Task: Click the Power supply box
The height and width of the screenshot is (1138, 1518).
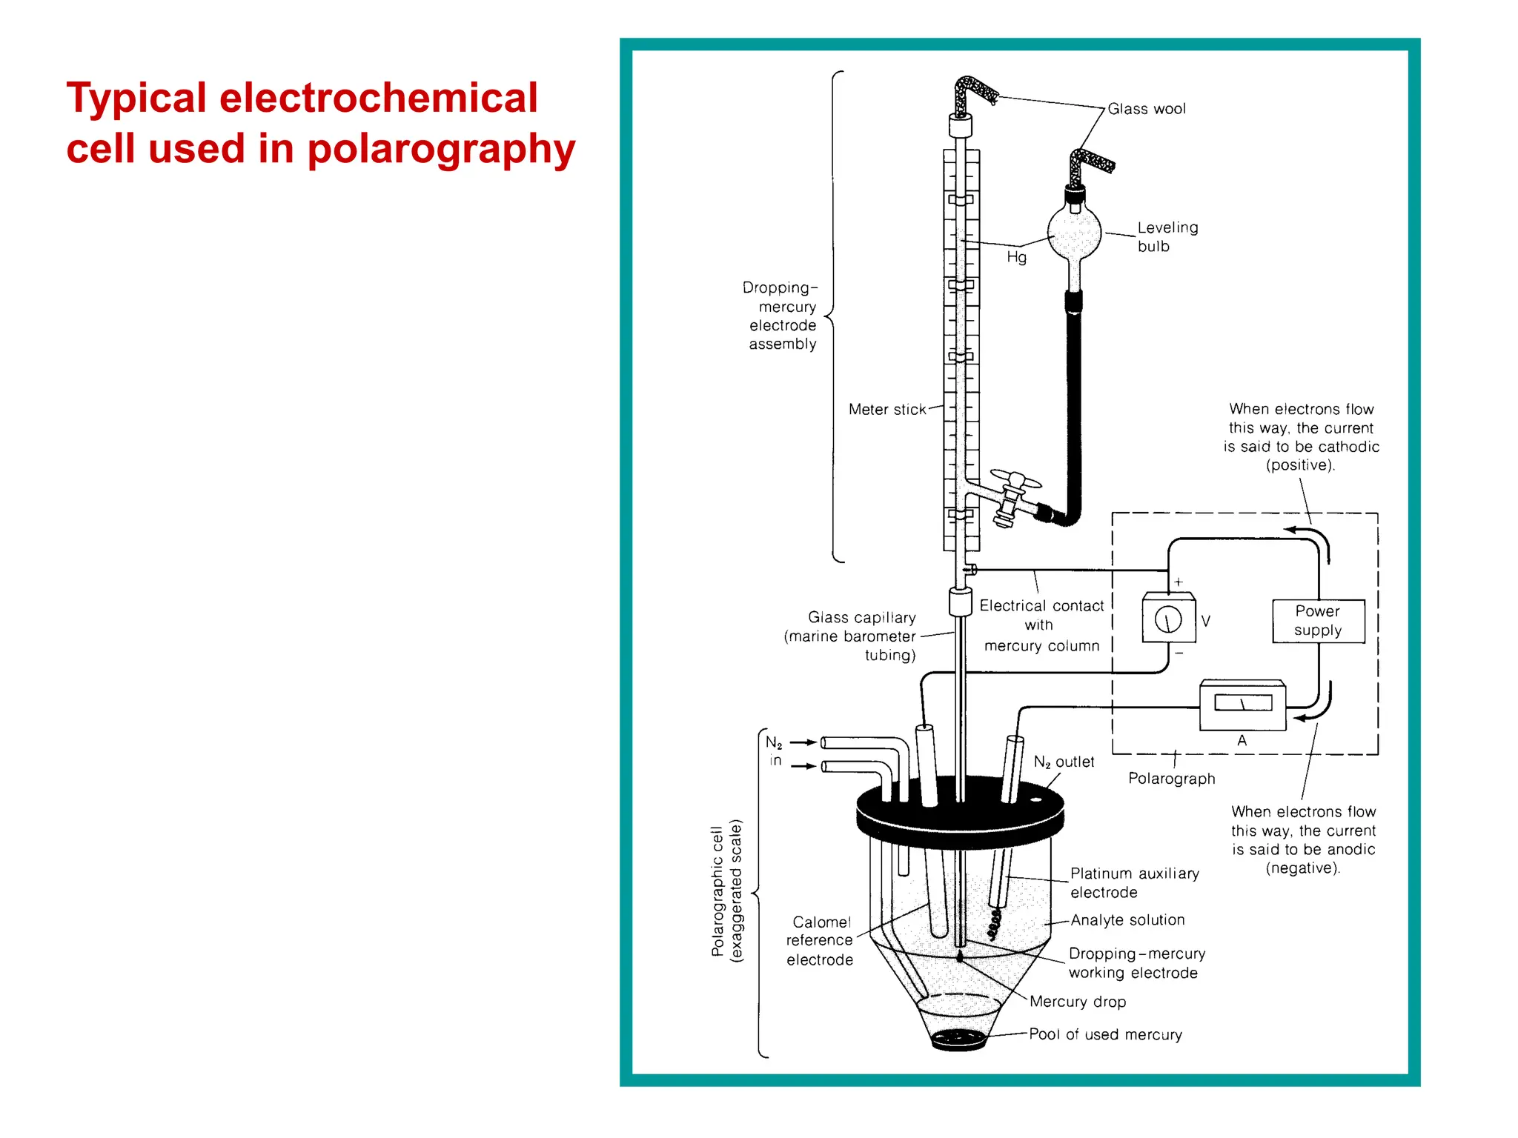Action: pyautogui.click(x=1318, y=621)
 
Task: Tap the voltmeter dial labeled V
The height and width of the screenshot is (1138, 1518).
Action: pyautogui.click(x=1168, y=619)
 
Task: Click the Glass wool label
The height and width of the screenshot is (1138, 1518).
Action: pyautogui.click(x=1146, y=109)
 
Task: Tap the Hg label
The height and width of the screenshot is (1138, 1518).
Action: pyautogui.click(x=1016, y=257)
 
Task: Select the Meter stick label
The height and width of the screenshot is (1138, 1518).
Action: pyautogui.click(x=887, y=410)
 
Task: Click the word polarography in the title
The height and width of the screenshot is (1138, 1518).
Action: pyautogui.click(x=441, y=149)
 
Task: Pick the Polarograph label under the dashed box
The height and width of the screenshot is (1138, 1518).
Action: pyautogui.click(x=1171, y=779)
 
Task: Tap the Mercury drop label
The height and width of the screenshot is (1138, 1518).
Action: pyautogui.click(x=1077, y=1002)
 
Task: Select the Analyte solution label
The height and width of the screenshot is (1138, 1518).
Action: pyautogui.click(x=1127, y=920)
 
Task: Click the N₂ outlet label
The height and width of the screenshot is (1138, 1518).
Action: pyautogui.click(x=1064, y=762)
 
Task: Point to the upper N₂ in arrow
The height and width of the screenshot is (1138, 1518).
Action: pyautogui.click(x=803, y=742)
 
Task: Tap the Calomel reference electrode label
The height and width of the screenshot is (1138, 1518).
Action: pyautogui.click(x=820, y=941)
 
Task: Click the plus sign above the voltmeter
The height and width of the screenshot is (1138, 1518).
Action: pyautogui.click(x=1178, y=582)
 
